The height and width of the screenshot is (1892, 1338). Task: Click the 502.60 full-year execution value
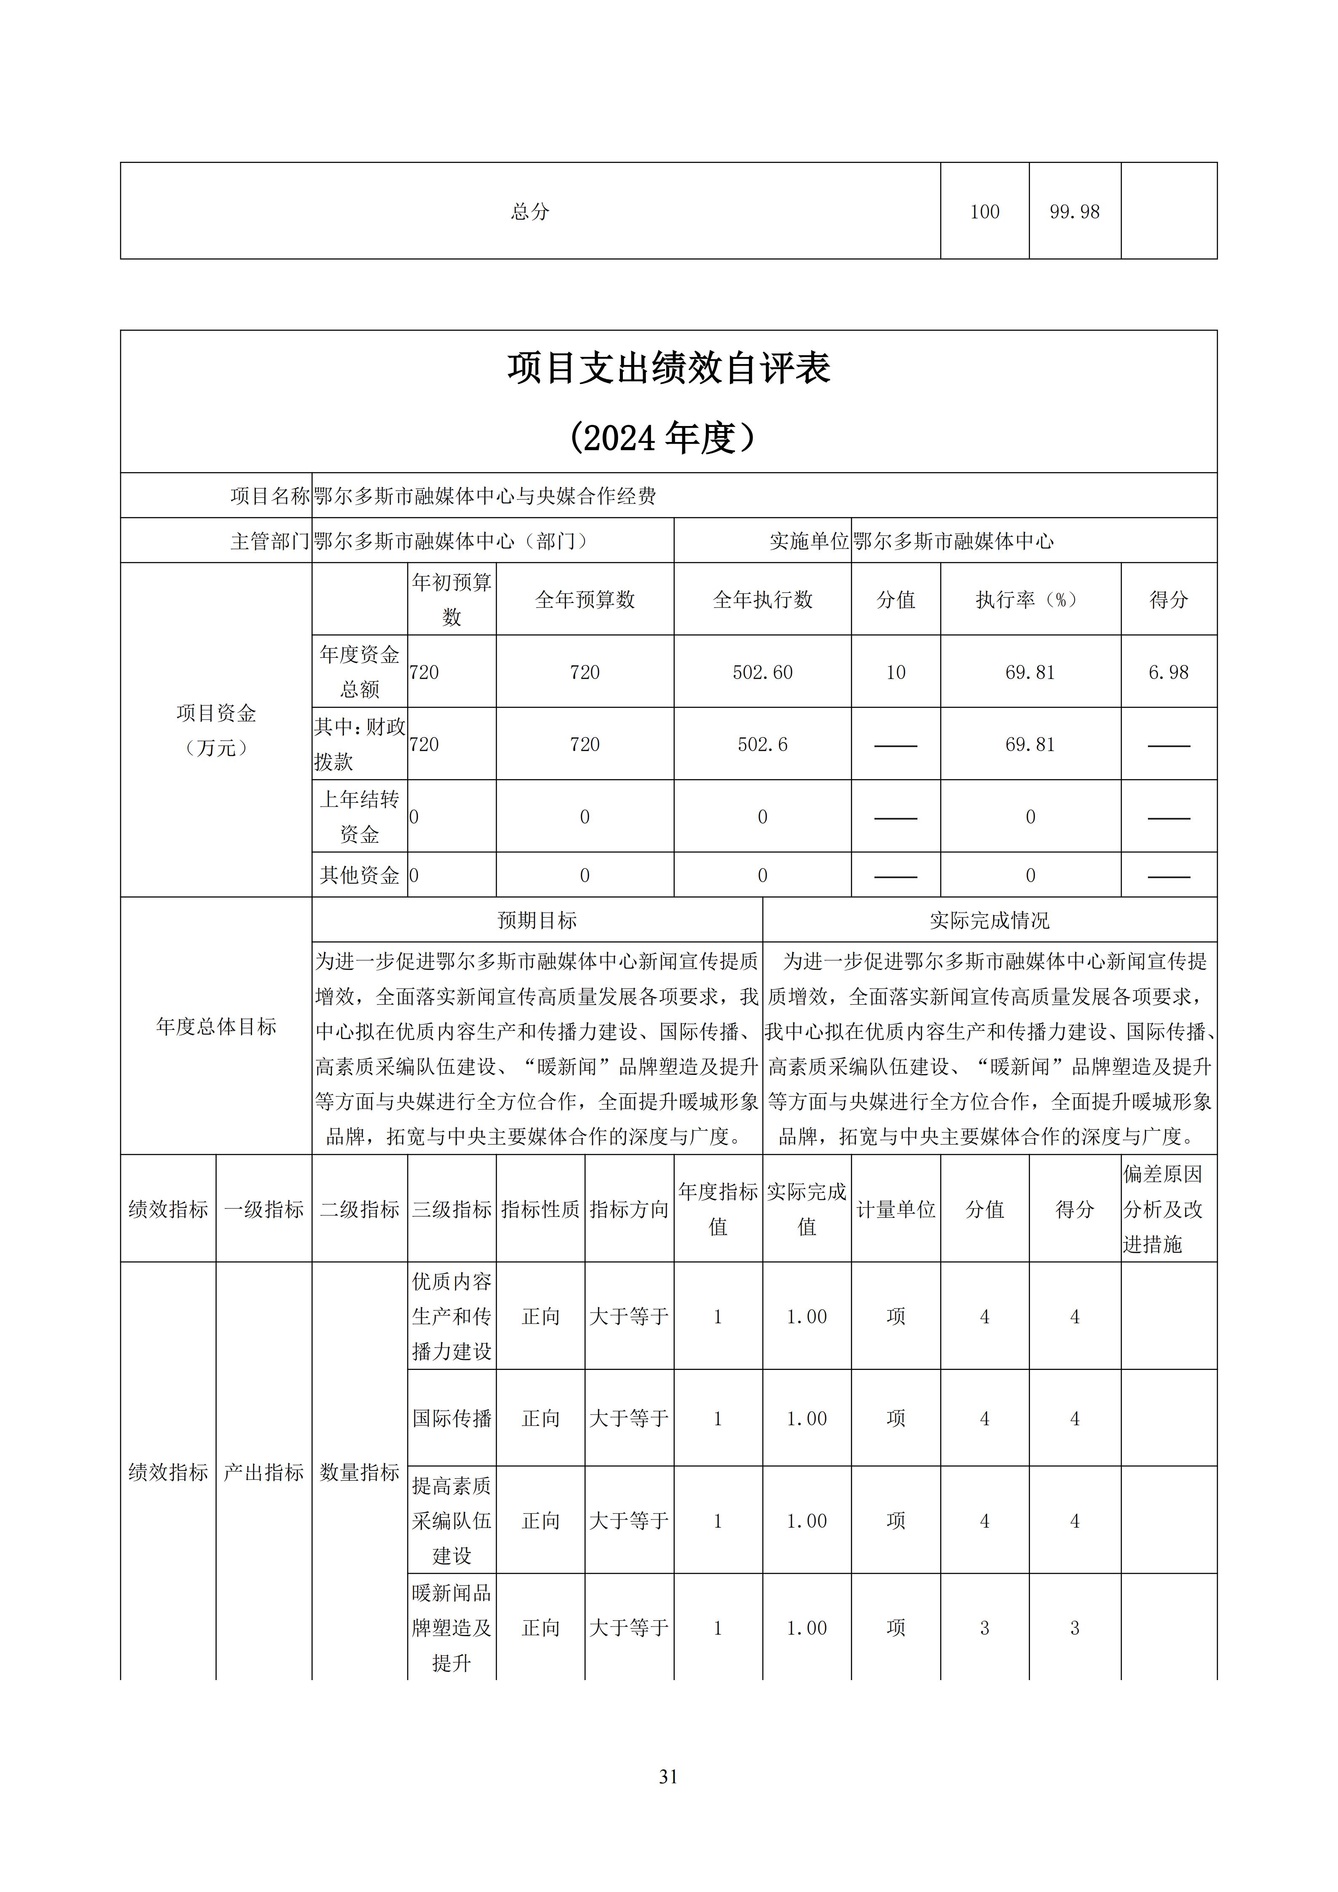762,673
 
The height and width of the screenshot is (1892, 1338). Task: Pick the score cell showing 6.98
1168,673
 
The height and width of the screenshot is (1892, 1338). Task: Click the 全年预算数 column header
585,600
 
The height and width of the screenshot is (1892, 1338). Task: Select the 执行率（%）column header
1030,600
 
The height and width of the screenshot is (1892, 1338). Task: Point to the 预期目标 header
537,920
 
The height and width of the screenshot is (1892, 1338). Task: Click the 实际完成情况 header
989,920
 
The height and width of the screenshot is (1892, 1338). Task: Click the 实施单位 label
808,541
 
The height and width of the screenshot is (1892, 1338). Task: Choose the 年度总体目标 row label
216,1027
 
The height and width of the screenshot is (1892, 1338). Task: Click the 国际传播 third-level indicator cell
451,1418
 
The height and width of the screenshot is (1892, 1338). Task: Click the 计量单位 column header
896,1210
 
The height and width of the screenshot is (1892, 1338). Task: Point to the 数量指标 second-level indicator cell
359,1472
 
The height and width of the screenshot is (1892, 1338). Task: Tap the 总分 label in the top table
530,212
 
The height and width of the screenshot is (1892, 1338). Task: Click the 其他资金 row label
359,875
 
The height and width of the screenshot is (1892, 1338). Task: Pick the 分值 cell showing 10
896,673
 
